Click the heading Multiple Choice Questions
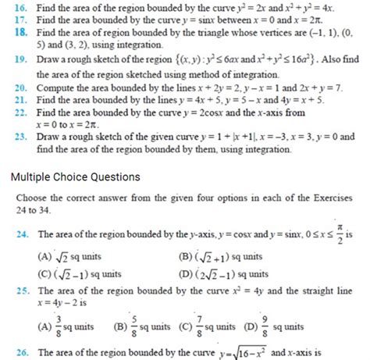click(75, 176)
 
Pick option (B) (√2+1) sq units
click(219, 255)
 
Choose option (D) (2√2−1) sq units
click(222, 273)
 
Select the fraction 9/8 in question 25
click(267, 324)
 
